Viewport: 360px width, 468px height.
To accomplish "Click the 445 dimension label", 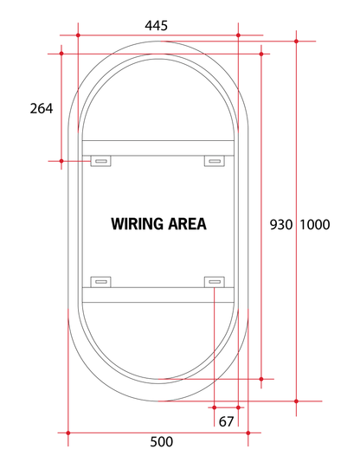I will tap(157, 25).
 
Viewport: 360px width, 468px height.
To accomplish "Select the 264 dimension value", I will tap(42, 108).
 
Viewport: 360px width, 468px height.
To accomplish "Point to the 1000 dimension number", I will tap(315, 224).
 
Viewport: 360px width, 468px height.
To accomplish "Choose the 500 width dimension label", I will tap(161, 441).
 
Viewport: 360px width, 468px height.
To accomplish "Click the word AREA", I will tap(189, 223).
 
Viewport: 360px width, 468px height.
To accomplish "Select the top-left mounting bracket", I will tap(101, 161).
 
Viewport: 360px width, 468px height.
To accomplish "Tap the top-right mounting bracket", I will tap(214, 161).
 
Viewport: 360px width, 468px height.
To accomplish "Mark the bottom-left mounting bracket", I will tap(101, 281).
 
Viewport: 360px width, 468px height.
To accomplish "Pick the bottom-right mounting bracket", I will tap(214, 281).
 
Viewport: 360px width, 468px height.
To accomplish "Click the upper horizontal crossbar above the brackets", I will tap(157, 148).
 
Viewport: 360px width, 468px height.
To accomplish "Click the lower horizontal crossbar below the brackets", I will tap(157, 294).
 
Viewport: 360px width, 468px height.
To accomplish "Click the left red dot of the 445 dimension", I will tap(79, 35).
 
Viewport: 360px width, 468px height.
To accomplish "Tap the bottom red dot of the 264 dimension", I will tap(62, 161).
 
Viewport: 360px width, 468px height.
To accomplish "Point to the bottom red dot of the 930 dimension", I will tap(260, 379).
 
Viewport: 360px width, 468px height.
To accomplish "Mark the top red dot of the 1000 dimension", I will tap(297, 41).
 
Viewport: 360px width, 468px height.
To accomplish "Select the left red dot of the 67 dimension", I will tap(214, 407).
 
